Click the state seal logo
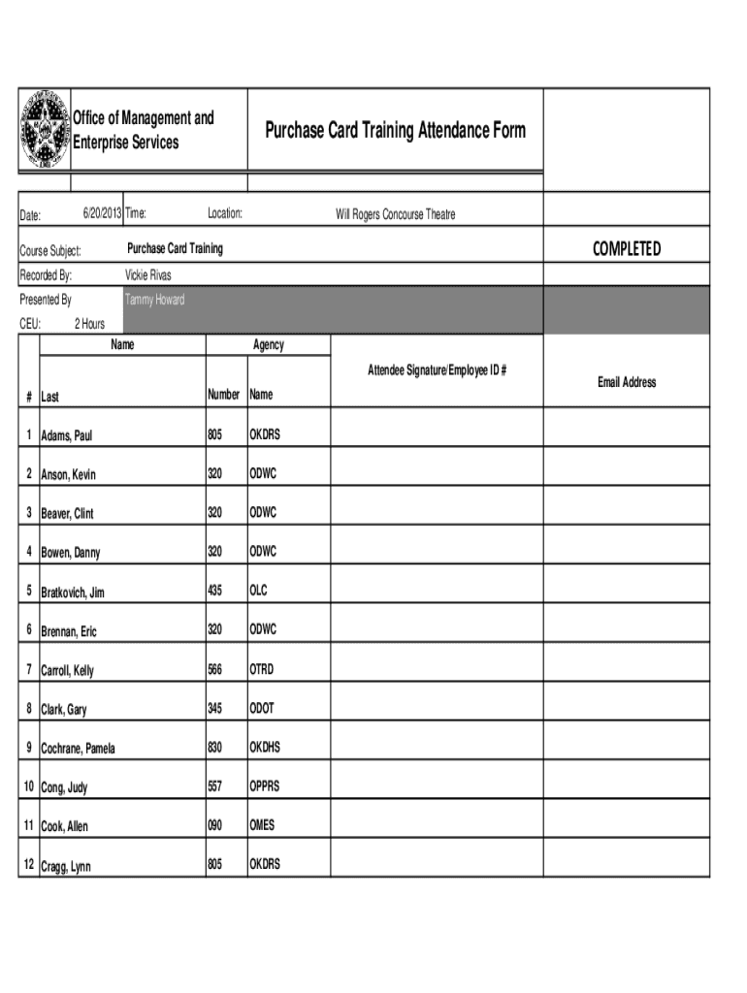(45, 131)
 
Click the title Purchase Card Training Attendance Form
(395, 130)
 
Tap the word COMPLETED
(627, 249)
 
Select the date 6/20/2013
(101, 213)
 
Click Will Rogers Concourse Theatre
(395, 214)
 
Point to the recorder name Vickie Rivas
(148, 275)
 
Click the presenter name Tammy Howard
(155, 300)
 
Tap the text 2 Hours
(88, 324)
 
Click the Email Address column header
(627, 382)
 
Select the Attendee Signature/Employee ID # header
(438, 370)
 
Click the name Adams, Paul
(67, 436)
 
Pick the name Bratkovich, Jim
(73, 593)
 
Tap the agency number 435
(215, 591)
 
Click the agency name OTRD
(262, 669)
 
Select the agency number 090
(215, 825)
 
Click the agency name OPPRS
(265, 786)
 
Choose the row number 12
(29, 865)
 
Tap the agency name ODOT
(262, 708)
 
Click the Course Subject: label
(57, 251)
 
